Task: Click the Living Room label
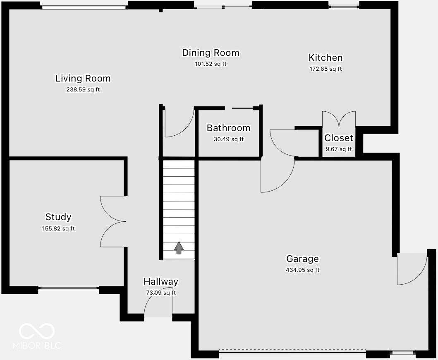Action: pos(83,78)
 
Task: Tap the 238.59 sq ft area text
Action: pos(83,89)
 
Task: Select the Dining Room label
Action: pos(211,53)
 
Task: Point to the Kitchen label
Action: pos(326,58)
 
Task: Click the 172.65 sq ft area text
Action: pos(326,69)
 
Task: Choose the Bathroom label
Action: pos(228,128)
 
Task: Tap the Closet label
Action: pos(338,138)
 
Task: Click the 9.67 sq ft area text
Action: pos(338,149)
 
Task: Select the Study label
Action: pos(58,217)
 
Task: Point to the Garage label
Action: pos(302,259)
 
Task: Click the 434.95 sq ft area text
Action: pos(302,270)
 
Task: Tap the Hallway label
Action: pos(160,282)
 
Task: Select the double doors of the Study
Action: pos(112,221)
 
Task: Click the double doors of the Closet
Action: pos(339,120)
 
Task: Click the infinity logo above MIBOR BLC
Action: pos(37,331)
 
